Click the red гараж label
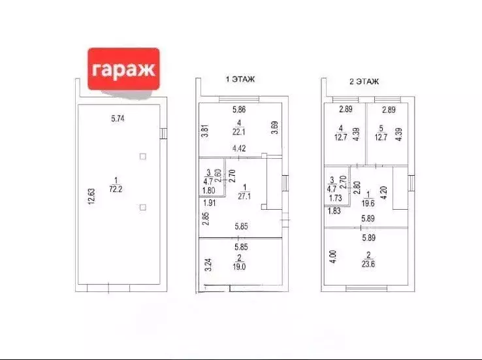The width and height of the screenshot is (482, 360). (123, 69)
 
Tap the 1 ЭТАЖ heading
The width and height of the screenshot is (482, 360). (240, 79)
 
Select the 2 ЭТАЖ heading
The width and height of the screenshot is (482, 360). (364, 82)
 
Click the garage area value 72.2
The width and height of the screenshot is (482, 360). (116, 189)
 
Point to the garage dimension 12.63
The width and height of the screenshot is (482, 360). (91, 197)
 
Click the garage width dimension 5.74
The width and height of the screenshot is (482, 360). (118, 118)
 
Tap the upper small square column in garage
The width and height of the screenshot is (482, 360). (142, 157)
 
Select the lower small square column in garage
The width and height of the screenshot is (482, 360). (142, 208)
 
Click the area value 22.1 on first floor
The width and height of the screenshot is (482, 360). (239, 132)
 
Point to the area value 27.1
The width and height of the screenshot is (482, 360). (244, 196)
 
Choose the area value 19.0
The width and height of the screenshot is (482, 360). (239, 267)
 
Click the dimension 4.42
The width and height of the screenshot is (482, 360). (239, 148)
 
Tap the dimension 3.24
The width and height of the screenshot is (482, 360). (208, 265)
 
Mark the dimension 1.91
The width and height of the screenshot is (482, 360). (210, 203)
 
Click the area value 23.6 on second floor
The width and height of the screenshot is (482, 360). (368, 264)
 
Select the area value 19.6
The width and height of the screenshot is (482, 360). (368, 203)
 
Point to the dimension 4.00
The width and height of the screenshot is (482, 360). (333, 257)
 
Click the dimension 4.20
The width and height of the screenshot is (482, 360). (383, 193)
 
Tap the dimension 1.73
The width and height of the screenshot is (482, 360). (335, 198)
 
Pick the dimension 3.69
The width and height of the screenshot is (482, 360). (275, 127)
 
